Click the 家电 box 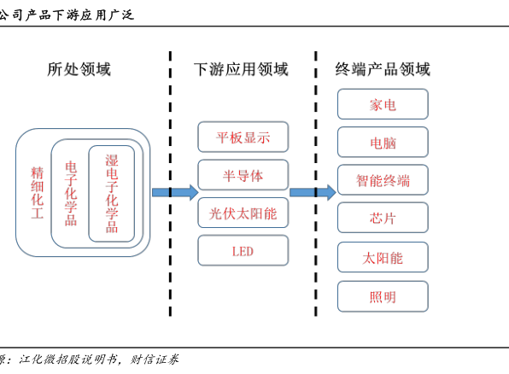[383, 104]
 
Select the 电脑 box [383, 143]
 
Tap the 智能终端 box [383, 180]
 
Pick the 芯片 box [383, 218]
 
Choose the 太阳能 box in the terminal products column [383, 257]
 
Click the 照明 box [383, 296]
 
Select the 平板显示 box [243, 137]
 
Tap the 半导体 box [243, 175]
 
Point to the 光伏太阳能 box [243, 213]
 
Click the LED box [243, 251]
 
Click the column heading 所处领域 [79, 69]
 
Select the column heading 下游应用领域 [241, 69]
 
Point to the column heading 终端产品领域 [383, 69]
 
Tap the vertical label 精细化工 [37, 193]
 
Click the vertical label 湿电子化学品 [112, 194]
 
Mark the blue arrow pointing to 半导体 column [175, 192]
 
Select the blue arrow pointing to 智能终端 [313, 192]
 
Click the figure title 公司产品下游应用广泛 [67, 15]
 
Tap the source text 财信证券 [155, 359]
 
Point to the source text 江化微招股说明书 [67, 359]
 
